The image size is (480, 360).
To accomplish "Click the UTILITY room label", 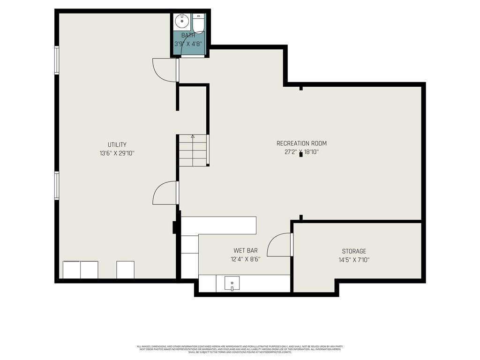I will tap(117, 145).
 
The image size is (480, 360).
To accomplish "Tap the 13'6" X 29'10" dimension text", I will tap(117, 153).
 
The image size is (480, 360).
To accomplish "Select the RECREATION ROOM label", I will tap(301, 143).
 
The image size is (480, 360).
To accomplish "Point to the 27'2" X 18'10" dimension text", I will tap(301, 152).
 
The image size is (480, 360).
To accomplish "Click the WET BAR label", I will tap(245, 251).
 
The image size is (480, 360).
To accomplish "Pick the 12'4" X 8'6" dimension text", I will tap(245, 259).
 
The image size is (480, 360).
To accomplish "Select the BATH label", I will tap(188, 35).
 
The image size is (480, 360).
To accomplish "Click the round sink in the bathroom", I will tap(181, 22).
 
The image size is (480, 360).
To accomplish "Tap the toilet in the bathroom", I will tap(198, 23).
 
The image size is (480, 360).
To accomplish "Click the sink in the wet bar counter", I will tap(232, 284).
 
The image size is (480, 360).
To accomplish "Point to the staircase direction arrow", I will tap(193, 136).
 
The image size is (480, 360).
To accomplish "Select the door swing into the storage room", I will tap(280, 245).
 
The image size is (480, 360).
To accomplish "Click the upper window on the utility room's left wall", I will tap(57, 60).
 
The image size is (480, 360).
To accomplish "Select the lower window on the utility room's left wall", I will tap(57, 186).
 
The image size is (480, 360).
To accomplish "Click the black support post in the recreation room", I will tap(301, 154).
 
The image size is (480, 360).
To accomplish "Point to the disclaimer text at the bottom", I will tap(240, 349).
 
